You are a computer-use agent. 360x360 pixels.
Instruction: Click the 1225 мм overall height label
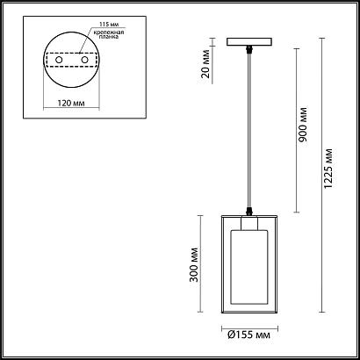tap(329, 169)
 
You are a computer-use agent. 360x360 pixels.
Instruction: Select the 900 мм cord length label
tap(304, 125)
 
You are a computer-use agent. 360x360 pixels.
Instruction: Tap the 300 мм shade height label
tap(194, 264)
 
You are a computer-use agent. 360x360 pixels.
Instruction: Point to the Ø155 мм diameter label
tap(248, 335)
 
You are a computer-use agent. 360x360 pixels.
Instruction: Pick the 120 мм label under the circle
tap(71, 103)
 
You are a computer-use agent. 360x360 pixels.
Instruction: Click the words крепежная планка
tap(109, 34)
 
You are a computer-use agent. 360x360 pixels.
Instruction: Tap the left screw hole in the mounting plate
tap(59, 60)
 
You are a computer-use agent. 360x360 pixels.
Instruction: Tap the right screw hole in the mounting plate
tap(85, 60)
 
